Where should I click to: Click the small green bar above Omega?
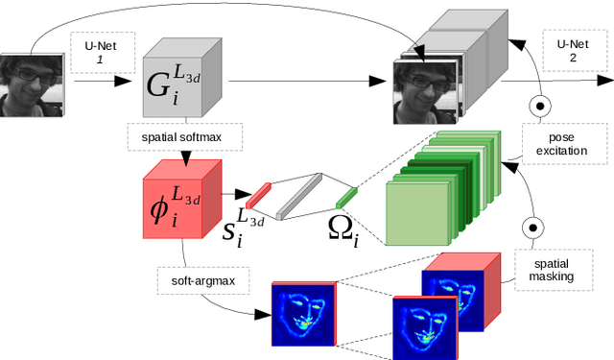click(346, 198)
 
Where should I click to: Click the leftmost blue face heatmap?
click(302, 312)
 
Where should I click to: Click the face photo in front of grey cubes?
click(426, 92)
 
